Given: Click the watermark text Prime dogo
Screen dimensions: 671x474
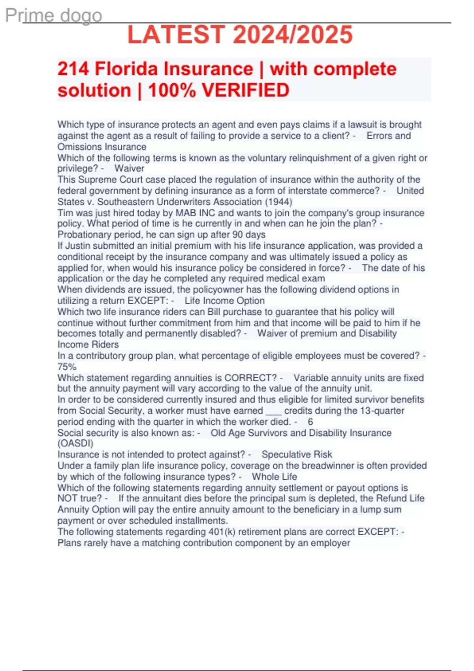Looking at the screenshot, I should coord(54,16).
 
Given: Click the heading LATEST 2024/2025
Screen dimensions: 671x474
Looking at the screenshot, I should coord(240,35).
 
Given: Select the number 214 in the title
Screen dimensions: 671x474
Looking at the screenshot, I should coord(73,69).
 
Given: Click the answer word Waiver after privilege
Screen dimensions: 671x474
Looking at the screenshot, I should coord(129,169).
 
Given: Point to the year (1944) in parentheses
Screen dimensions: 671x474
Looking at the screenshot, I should coord(278,202).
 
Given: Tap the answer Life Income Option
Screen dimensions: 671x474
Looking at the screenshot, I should coord(224,301).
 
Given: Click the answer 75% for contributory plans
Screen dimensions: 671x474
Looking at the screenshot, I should coord(67,367).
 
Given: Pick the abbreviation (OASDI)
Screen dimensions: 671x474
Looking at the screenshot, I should coord(75,443).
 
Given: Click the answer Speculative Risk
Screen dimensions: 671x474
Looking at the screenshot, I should coord(297,454).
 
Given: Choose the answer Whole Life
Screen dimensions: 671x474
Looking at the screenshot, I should coord(274,477).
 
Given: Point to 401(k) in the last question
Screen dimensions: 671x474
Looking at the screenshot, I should coord(222,532).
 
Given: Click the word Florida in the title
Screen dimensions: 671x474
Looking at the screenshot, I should coord(126,69).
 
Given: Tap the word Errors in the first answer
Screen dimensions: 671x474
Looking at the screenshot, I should coord(380,136).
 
